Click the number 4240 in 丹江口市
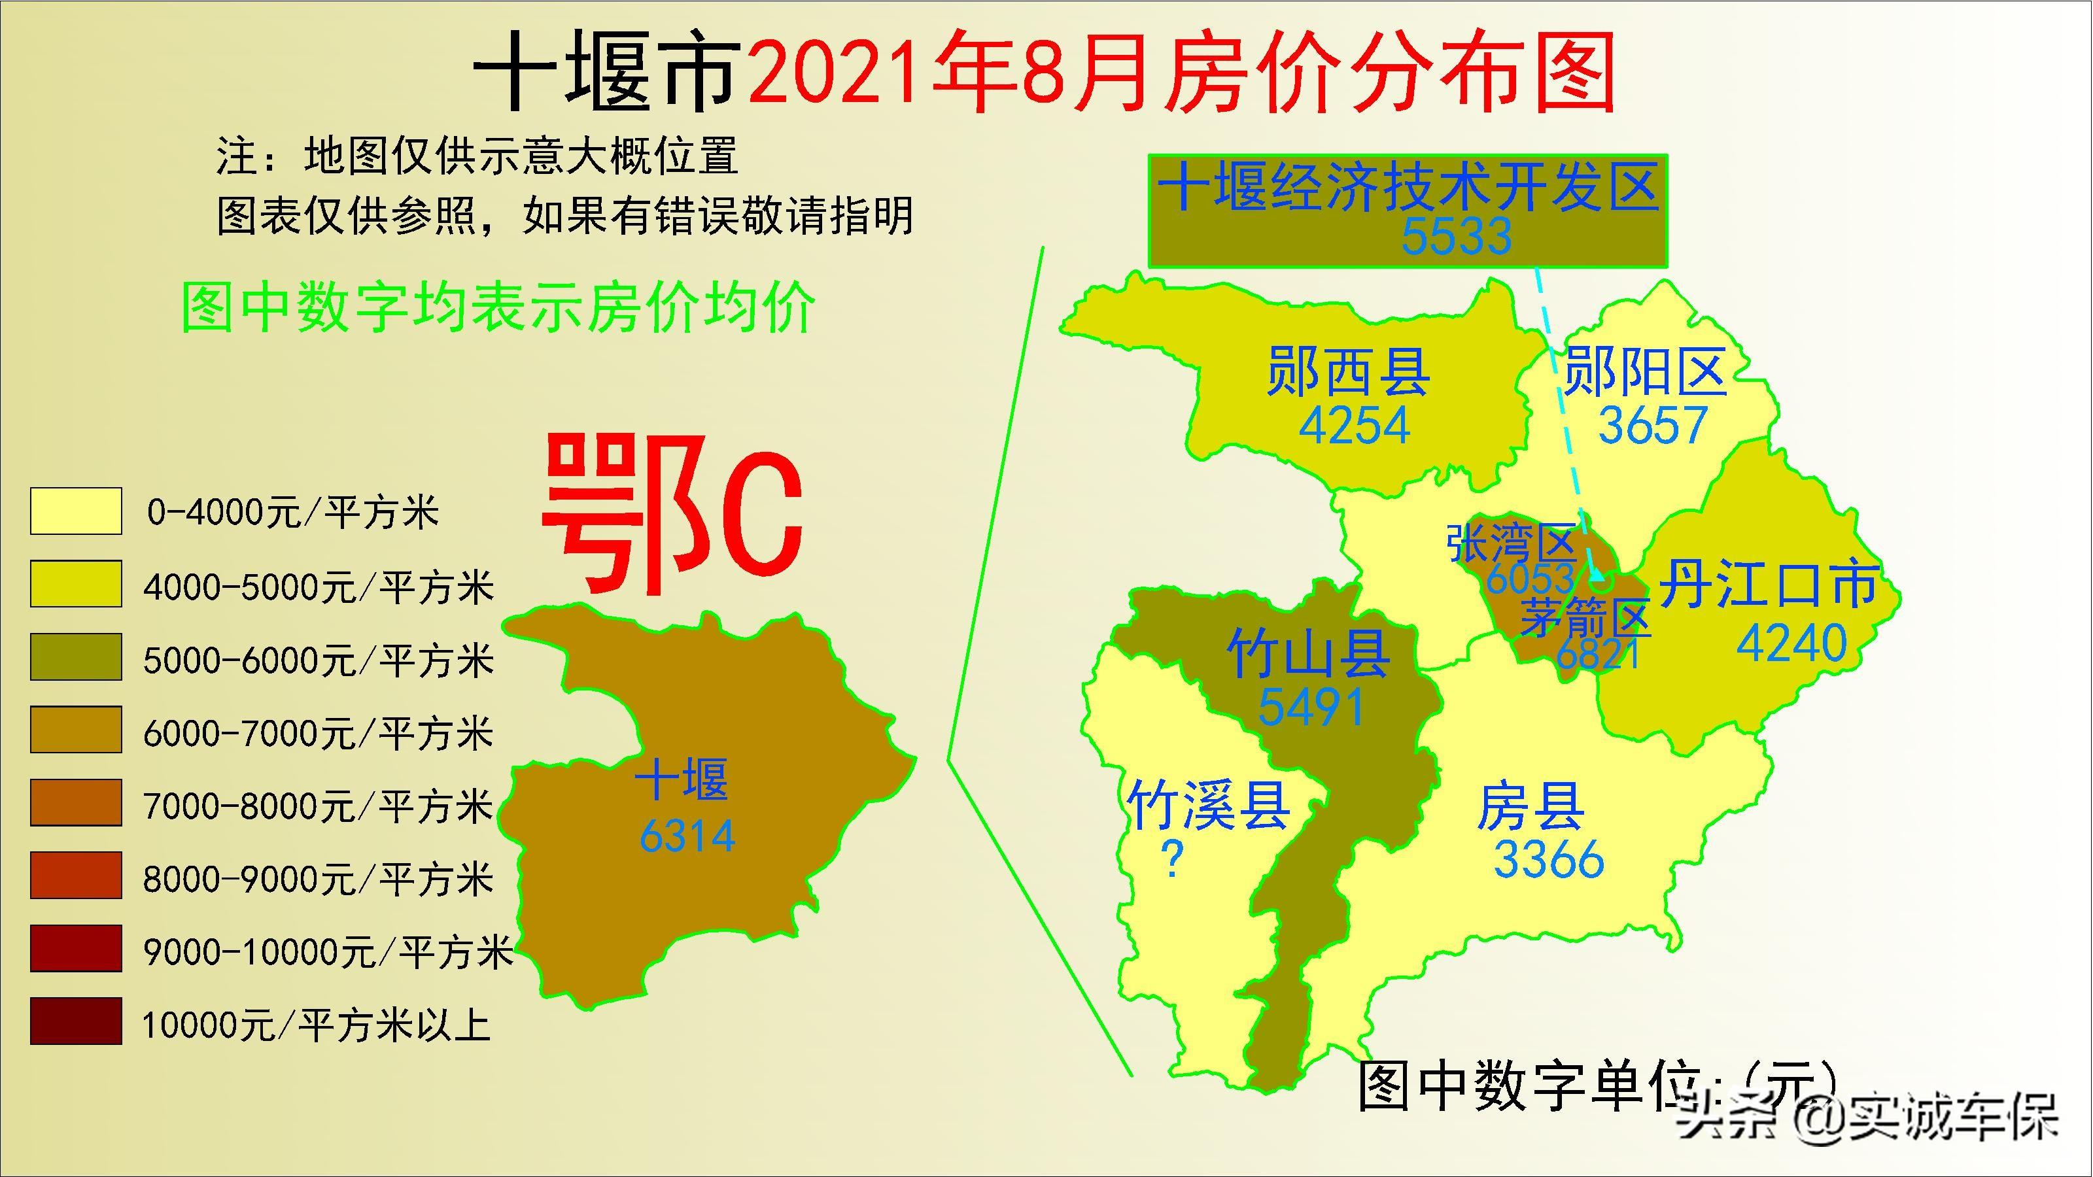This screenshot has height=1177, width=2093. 1791,643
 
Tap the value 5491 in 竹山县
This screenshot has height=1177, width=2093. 1311,708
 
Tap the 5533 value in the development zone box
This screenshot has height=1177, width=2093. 1456,236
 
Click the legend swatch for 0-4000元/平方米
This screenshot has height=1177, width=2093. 76,511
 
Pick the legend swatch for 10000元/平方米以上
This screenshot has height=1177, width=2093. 76,1021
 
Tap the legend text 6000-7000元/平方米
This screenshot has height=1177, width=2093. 318,734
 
